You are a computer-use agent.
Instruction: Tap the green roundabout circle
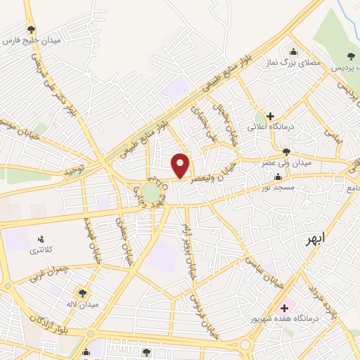150,192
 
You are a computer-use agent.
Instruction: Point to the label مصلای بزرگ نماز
295,63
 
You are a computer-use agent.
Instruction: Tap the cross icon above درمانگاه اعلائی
270,115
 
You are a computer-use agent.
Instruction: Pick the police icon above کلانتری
40,240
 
